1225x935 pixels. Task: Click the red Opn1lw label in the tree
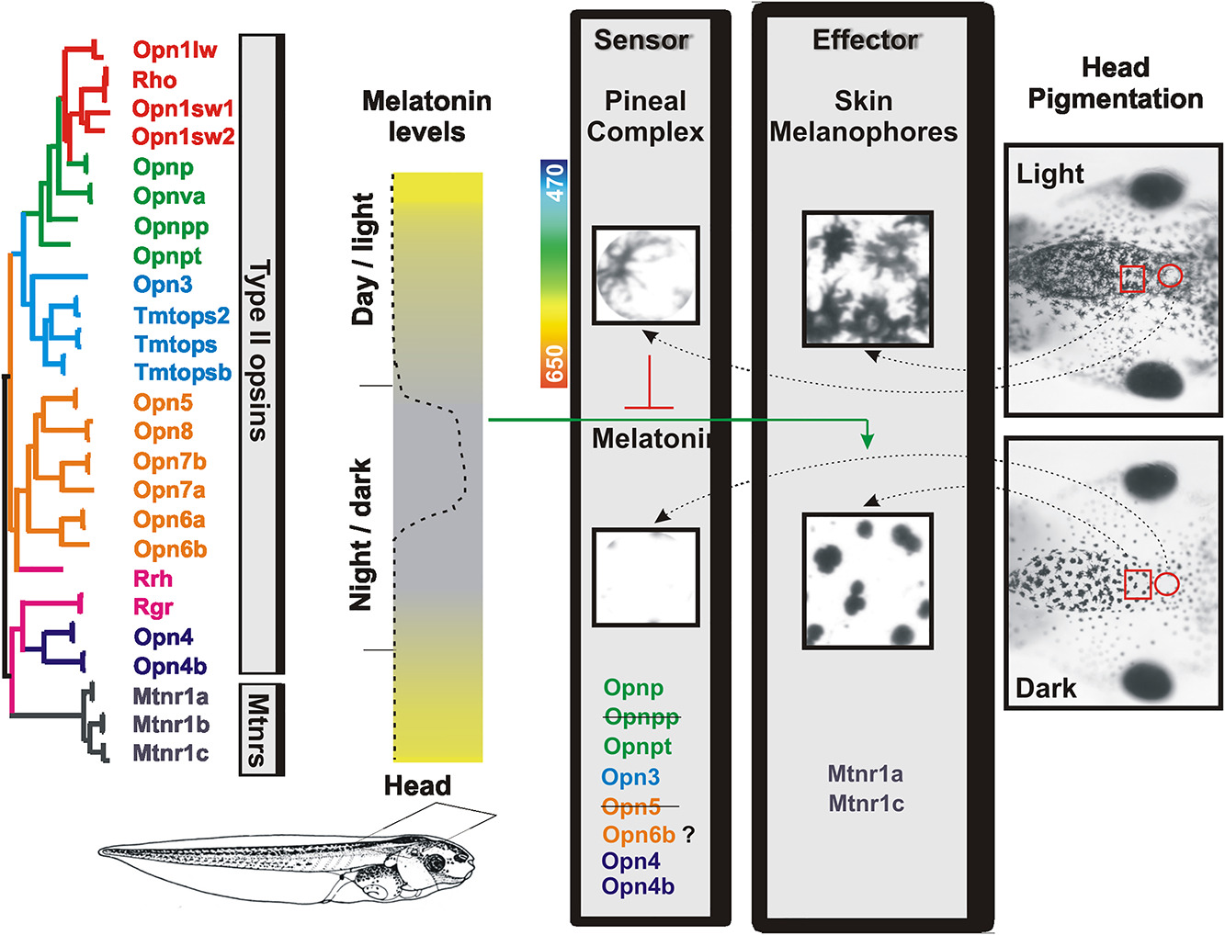(175, 50)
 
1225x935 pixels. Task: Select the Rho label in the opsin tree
(154, 80)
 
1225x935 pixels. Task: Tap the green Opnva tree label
(169, 197)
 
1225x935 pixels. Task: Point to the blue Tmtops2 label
(182, 316)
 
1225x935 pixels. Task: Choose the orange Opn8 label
(164, 431)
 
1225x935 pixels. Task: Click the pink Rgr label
(153, 607)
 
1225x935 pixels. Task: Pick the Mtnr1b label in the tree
(171, 725)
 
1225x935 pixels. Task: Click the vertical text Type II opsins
(259, 350)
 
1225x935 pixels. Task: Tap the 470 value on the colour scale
(554, 183)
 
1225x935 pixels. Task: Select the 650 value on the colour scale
(554, 364)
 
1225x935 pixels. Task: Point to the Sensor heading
(641, 40)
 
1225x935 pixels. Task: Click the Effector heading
(865, 40)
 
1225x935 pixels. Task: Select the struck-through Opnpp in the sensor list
(641, 716)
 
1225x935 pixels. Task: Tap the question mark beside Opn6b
(688, 835)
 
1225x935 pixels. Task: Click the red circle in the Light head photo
(1170, 275)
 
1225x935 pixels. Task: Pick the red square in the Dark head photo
(1138, 584)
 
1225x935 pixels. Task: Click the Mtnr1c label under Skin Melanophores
(866, 804)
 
